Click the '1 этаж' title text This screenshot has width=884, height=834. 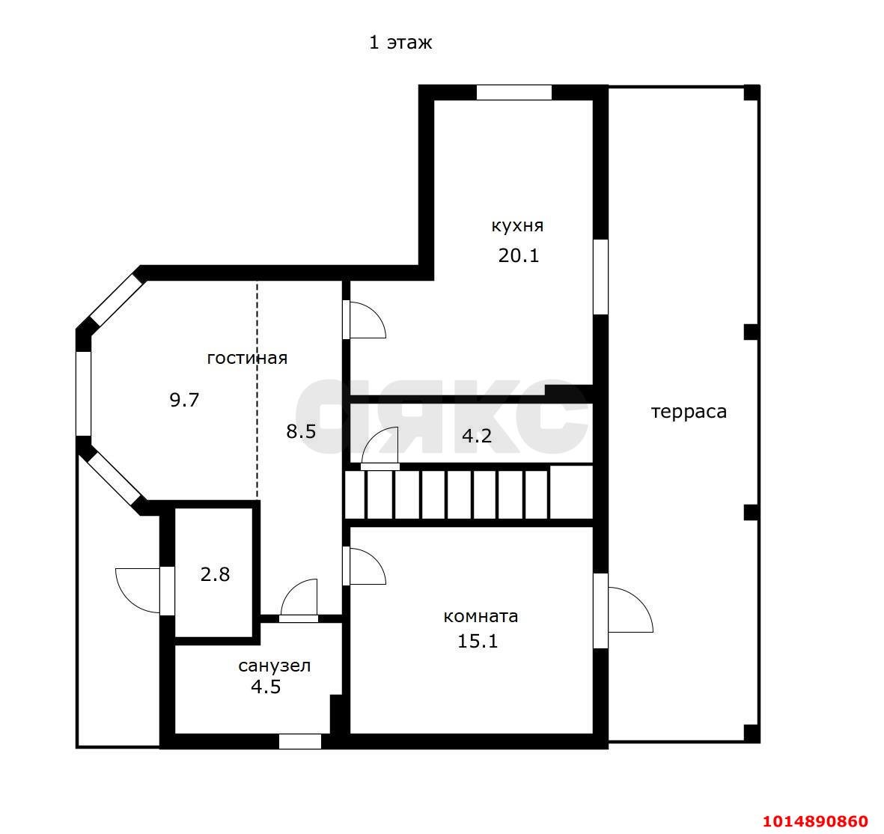(400, 43)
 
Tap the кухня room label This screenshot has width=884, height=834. (517, 226)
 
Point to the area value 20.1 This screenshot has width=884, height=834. (519, 255)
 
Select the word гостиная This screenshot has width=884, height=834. (248, 358)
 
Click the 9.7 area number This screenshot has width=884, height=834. (184, 400)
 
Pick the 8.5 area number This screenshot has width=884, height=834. (301, 431)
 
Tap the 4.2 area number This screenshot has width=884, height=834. (477, 435)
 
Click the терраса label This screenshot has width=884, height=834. (689, 413)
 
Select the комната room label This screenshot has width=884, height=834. (481, 616)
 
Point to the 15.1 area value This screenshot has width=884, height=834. (478, 641)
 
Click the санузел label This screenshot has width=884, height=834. (275, 666)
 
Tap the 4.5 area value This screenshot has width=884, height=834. (266, 687)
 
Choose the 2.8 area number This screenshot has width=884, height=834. (216, 575)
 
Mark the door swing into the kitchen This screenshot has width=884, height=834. (365, 320)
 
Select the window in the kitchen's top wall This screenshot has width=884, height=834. (513, 93)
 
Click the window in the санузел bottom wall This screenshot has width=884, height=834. (300, 741)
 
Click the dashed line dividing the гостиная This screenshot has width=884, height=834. (257, 390)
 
